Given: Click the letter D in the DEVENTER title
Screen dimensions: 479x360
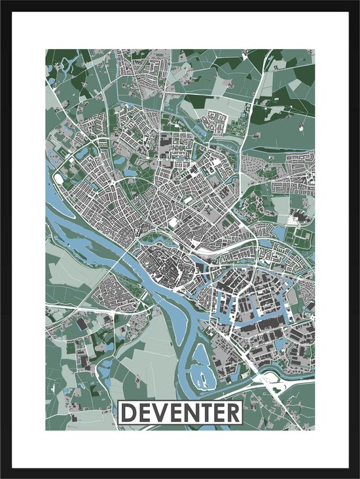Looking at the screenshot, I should tap(130, 413).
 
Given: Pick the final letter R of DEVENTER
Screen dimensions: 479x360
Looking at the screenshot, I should tap(232, 413).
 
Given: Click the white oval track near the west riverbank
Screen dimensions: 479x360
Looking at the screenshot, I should tap(58, 177).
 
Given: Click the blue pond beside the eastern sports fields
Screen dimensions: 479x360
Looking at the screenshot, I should tap(291, 232).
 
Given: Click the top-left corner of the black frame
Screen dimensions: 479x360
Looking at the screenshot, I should tap(3, 3).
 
